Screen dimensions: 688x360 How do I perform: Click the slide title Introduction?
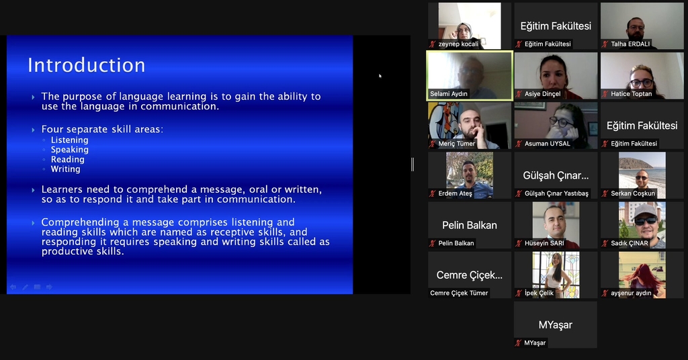click(87, 65)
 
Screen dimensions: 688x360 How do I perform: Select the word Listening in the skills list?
click(69, 140)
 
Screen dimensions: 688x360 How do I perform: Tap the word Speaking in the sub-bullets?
click(69, 150)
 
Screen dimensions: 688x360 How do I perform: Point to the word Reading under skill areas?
click(68, 159)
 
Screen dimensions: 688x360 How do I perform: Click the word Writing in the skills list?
click(65, 169)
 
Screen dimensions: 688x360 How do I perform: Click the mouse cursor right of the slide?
click(380, 76)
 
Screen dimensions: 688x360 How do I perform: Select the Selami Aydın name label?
click(448, 94)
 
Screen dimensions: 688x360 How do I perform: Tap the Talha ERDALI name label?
click(630, 44)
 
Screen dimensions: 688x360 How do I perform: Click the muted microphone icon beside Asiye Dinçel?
click(519, 94)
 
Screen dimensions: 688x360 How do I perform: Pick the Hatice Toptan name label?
click(632, 94)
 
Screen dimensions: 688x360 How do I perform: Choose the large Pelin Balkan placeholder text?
click(470, 226)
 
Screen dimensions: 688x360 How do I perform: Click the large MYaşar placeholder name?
click(556, 325)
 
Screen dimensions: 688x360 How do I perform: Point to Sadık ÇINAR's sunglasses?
click(645, 221)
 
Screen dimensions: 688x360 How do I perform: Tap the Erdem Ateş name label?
click(455, 193)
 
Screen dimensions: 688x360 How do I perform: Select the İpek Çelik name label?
click(539, 293)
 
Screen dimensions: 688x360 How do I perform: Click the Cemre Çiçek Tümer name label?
click(459, 293)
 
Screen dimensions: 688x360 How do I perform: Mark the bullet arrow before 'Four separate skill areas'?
click(34, 130)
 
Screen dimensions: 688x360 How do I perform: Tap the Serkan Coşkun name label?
click(633, 193)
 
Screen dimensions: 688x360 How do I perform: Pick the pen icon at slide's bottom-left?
click(25, 287)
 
